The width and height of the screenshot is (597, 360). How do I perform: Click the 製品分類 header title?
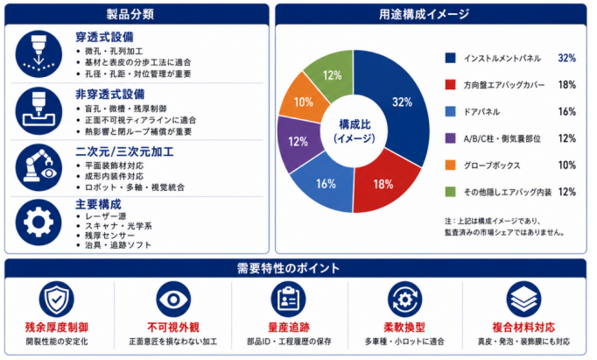(130, 14)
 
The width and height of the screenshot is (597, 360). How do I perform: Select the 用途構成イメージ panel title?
(425, 14)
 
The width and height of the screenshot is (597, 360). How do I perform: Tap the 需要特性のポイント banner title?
(288, 268)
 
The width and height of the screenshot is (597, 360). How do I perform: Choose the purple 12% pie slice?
(298, 142)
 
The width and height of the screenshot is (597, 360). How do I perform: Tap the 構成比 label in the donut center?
(355, 124)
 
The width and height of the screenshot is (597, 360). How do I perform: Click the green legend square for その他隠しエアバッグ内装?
(451, 192)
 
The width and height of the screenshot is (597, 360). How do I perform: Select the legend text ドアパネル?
(481, 112)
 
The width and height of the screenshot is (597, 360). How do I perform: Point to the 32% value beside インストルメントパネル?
(567, 58)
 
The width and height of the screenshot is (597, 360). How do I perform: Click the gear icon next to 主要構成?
(39, 222)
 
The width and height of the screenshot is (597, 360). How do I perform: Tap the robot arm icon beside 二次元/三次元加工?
(39, 167)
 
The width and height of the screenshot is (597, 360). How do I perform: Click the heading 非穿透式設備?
(110, 94)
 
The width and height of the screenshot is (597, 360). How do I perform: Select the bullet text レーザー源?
(105, 216)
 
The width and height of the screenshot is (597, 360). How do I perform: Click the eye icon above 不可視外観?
(173, 299)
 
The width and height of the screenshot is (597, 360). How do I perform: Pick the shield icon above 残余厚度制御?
(56, 299)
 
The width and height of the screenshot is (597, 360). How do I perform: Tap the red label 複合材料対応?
(523, 328)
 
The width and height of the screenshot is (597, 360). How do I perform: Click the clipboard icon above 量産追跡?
(288, 299)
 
